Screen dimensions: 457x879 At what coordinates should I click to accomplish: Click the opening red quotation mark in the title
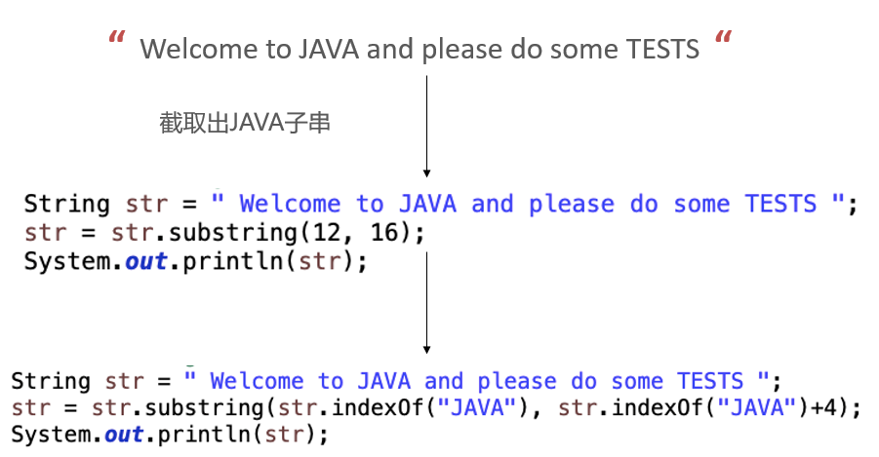click(x=118, y=41)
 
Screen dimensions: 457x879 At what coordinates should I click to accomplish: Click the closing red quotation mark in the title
click(x=723, y=41)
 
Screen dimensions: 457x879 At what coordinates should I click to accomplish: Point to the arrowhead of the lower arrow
click(x=427, y=348)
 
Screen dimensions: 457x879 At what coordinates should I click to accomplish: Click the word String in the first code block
click(x=66, y=205)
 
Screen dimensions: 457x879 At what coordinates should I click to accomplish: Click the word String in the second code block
click(x=51, y=381)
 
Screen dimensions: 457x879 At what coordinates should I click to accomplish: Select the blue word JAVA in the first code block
click(x=426, y=205)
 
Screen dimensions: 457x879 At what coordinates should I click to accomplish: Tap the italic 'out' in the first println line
click(x=146, y=263)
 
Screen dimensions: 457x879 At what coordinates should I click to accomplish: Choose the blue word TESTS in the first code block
click(x=780, y=205)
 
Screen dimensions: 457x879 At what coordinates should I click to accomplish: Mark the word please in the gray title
click(x=463, y=49)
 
